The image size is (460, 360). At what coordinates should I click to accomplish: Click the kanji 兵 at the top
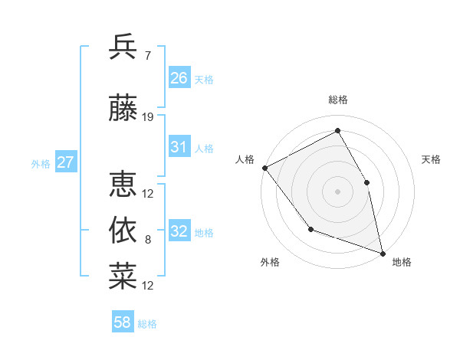click(x=123, y=47)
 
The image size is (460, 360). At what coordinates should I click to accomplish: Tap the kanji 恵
click(x=123, y=185)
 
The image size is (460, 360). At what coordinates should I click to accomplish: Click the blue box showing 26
click(x=179, y=78)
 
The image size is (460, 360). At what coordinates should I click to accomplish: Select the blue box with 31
click(x=179, y=148)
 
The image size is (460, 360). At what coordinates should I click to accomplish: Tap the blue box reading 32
click(x=179, y=232)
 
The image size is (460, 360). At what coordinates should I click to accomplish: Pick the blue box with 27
click(x=65, y=162)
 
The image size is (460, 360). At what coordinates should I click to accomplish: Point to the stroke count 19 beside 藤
click(x=148, y=117)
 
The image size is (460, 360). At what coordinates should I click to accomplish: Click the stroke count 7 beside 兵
click(x=148, y=56)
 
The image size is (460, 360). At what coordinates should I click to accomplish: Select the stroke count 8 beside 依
click(x=148, y=240)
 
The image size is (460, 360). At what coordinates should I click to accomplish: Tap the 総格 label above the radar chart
click(x=337, y=100)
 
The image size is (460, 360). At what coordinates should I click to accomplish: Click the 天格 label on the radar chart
click(x=432, y=159)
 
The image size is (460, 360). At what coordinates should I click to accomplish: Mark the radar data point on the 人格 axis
click(x=264, y=168)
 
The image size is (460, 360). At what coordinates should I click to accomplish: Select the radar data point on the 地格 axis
click(x=383, y=253)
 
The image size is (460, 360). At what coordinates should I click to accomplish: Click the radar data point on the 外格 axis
click(x=310, y=228)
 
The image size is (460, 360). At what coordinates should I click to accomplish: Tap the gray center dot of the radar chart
click(x=337, y=191)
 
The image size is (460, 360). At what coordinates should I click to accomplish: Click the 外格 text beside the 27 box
click(x=41, y=163)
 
